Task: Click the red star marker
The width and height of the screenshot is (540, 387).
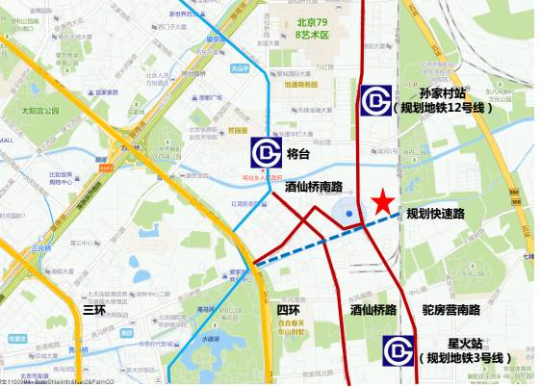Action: point(383,201)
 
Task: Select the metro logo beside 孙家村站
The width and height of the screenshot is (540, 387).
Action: point(375,99)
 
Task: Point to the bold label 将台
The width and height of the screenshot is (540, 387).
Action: point(298,154)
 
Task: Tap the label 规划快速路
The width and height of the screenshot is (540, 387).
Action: point(434,214)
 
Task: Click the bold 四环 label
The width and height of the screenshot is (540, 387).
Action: point(288,310)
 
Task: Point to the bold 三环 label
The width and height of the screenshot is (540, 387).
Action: point(94,310)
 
